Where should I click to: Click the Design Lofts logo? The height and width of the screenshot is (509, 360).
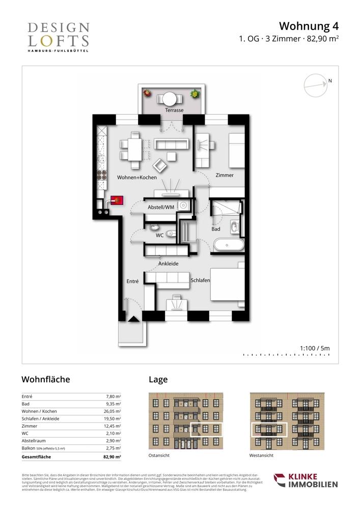point(58,37)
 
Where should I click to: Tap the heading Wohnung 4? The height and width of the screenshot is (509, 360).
point(309,26)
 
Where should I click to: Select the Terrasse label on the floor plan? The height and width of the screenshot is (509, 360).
point(174,110)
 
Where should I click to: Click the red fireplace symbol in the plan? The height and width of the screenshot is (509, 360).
point(117,201)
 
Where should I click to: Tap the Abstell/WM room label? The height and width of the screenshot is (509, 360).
point(161,208)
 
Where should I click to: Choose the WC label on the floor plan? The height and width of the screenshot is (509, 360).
point(159,235)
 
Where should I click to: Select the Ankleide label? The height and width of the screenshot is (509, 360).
point(168,264)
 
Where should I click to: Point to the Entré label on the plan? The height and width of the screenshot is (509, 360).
point(132,281)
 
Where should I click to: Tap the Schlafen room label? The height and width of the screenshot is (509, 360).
point(200,280)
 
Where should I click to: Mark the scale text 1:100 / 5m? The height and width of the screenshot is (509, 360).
point(315,348)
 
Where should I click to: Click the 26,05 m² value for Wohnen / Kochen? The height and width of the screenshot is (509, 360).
point(112,411)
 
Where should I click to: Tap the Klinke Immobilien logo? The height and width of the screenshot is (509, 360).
point(306,480)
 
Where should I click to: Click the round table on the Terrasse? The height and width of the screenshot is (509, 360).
point(170,97)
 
